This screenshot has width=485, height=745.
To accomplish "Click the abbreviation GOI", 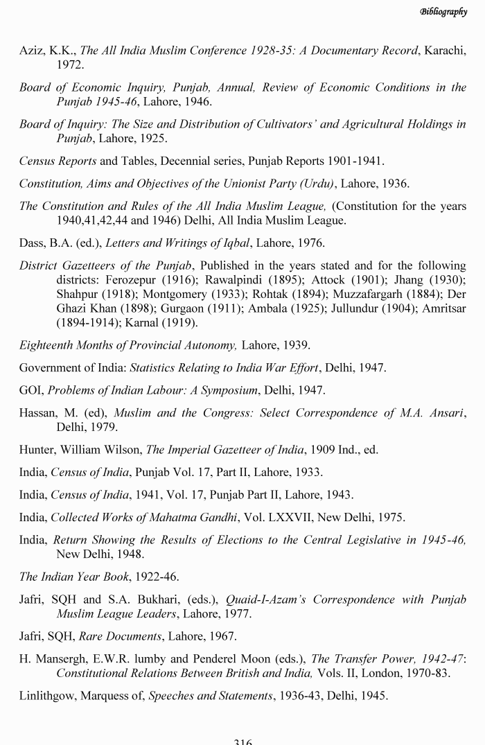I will pos(31,390).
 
